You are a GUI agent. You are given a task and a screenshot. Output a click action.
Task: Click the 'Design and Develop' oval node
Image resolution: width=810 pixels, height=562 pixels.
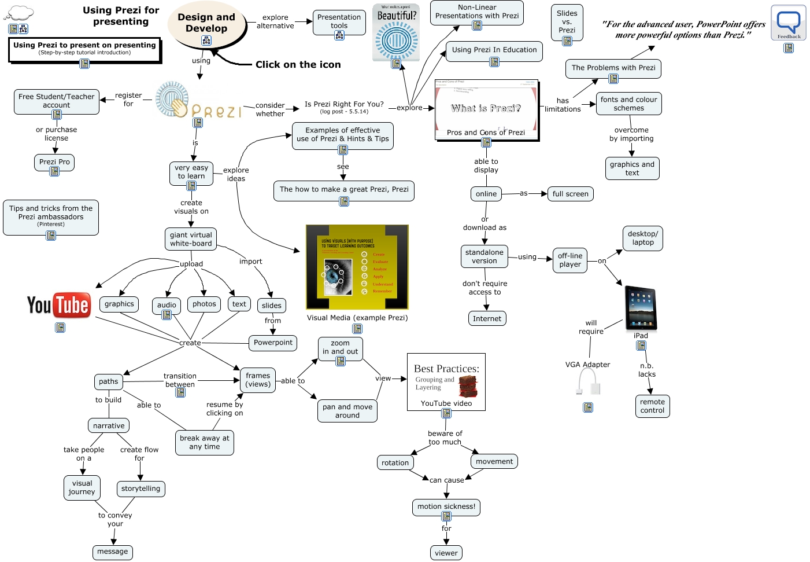point(206,23)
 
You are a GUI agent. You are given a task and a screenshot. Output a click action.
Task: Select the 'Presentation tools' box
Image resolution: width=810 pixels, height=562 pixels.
point(339,22)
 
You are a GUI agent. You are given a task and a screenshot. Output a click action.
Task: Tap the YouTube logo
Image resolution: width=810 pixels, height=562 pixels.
point(58,305)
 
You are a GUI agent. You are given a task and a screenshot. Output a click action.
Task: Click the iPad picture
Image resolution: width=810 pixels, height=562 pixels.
point(641,308)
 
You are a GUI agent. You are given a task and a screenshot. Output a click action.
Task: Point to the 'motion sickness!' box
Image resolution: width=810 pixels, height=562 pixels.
point(446,506)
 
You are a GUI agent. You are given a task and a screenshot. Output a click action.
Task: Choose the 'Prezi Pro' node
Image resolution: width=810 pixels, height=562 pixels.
point(54,162)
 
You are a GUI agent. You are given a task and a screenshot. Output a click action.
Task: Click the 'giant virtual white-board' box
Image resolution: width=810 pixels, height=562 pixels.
point(191,238)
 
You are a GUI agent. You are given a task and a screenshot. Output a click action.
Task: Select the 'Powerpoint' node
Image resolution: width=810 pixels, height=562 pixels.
point(273,343)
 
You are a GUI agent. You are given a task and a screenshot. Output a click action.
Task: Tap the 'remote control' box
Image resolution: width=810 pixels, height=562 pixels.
point(652,406)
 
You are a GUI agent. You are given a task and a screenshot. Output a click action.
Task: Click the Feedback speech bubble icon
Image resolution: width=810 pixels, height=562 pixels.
point(789,23)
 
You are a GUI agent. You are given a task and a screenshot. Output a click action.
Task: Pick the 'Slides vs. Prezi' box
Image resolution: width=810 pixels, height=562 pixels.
point(567,22)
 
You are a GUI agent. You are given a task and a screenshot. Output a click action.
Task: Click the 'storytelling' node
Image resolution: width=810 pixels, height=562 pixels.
point(141,488)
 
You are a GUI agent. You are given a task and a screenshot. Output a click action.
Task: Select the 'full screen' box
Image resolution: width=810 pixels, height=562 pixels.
point(570,194)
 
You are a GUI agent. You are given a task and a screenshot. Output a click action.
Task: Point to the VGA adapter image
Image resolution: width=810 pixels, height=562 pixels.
point(589,381)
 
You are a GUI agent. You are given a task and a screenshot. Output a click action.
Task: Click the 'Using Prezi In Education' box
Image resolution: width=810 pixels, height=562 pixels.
point(494,50)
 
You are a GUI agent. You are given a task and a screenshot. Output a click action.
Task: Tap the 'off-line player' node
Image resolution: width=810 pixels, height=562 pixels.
point(570,260)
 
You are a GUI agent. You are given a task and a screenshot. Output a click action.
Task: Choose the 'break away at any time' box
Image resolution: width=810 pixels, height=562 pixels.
point(205,442)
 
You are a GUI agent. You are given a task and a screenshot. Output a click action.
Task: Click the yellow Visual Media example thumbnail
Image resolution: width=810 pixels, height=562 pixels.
point(357,267)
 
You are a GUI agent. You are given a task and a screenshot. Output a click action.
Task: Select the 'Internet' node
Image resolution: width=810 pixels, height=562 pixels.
point(487,318)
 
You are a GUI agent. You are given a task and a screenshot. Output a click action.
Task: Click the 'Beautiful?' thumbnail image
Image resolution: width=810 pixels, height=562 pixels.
point(396,32)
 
